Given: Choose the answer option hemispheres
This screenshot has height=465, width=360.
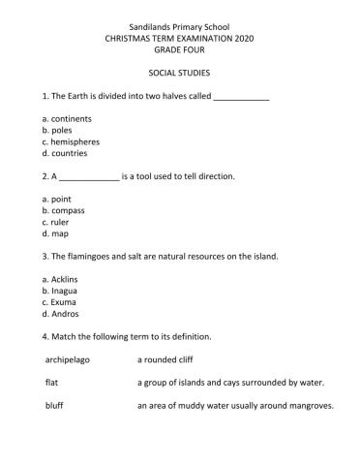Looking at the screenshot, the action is tap(75, 140).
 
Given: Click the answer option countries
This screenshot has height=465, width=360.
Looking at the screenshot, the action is tap(69, 153).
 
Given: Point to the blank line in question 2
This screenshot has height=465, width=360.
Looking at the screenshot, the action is tap(89, 177).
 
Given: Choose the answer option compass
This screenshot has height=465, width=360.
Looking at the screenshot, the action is tap(68, 209).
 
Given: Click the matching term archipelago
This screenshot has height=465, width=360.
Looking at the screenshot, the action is tap(71, 359).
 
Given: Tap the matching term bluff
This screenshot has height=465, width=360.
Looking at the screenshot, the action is tap(54, 406).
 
